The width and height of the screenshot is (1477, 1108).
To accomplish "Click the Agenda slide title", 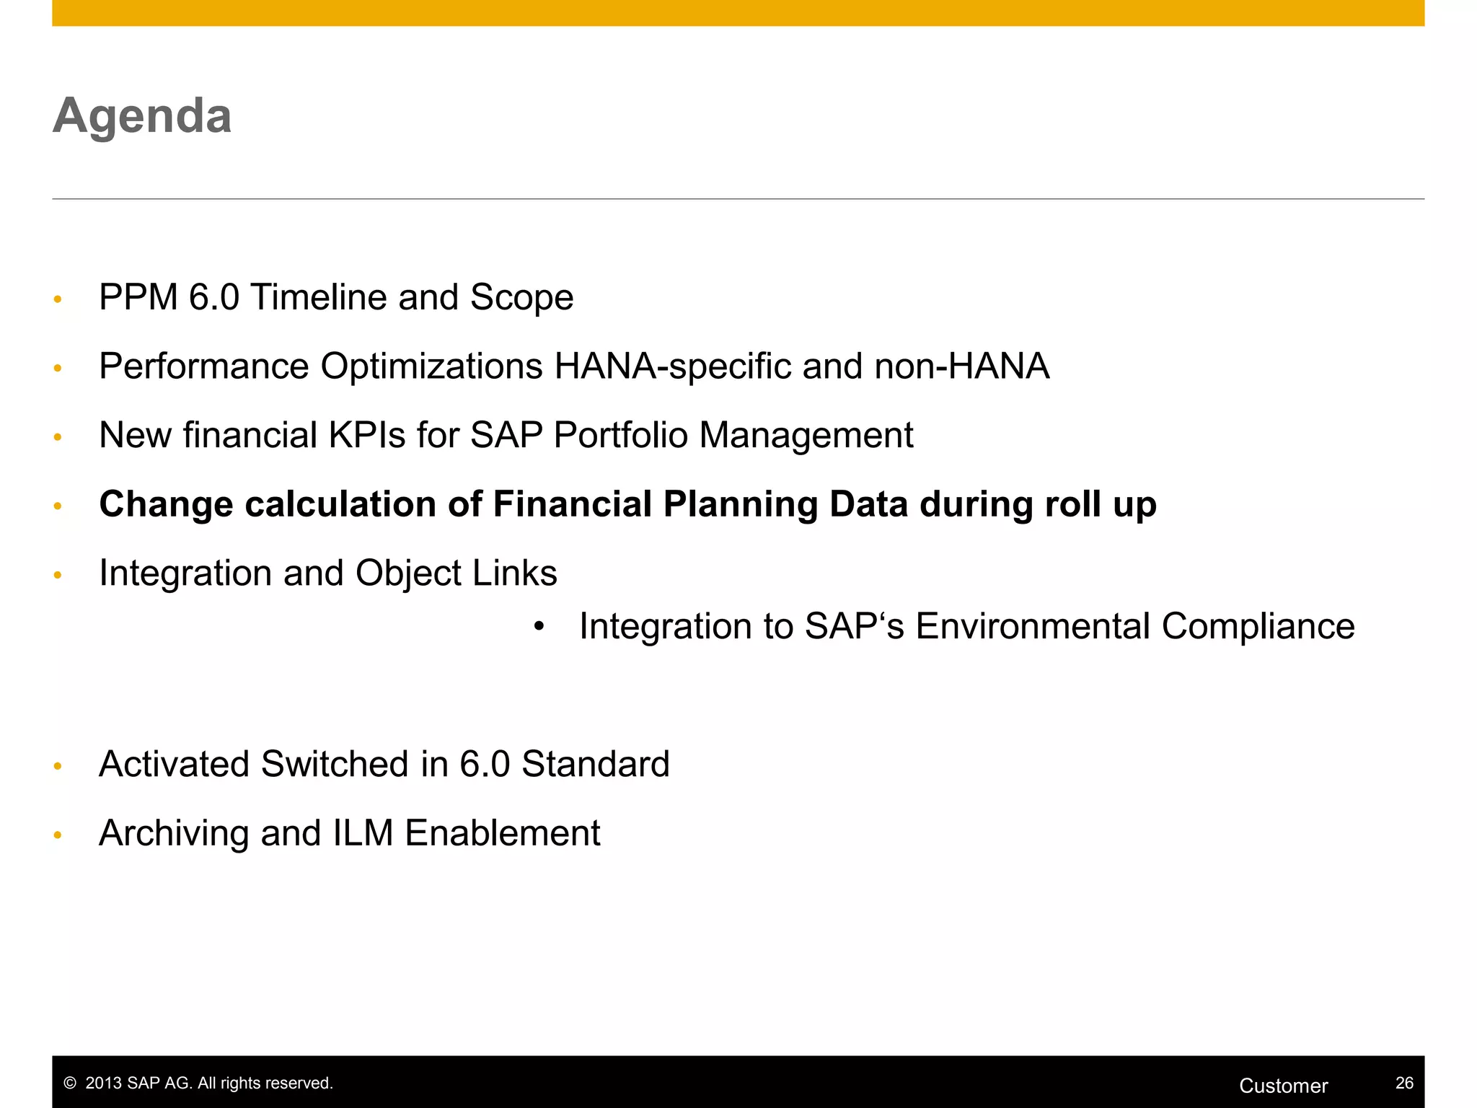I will pos(142,116).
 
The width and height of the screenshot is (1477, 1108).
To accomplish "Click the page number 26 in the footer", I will pos(1403,1083).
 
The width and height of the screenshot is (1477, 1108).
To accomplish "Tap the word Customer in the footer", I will pos(1283,1086).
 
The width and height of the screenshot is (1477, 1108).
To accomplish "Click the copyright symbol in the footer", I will pos(70,1083).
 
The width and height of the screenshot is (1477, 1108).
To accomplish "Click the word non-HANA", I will pos(961,366).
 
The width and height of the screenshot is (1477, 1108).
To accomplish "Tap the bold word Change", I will pos(166,504).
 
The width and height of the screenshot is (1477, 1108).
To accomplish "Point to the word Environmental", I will pos(1032,625).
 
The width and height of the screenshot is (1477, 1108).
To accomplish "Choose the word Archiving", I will pos(174,833).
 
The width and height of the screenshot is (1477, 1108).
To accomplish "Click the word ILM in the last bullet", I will pos(363,832).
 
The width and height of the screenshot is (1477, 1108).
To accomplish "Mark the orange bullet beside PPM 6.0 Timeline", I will pos(58,299).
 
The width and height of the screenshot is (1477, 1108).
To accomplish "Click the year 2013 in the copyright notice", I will pos(103,1083).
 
